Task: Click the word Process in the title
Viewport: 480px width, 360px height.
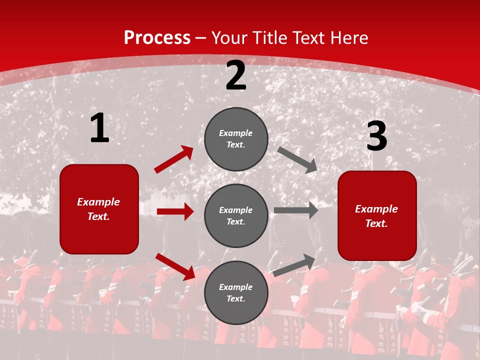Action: tap(157, 37)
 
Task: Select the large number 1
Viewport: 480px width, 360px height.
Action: tap(99, 128)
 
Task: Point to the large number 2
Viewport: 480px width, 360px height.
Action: tap(236, 76)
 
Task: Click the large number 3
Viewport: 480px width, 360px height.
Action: tap(376, 136)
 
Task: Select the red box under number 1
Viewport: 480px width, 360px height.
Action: tap(99, 209)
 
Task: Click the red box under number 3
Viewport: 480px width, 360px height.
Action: tap(377, 216)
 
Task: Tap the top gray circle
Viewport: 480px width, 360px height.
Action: tap(236, 139)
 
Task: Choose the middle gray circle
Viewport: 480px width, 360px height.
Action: tap(236, 215)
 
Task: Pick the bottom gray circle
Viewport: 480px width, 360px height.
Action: tap(236, 293)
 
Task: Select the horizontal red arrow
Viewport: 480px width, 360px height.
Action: tap(175, 211)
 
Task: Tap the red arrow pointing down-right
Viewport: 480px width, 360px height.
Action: tap(175, 266)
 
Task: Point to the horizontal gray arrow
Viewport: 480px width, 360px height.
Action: tap(296, 210)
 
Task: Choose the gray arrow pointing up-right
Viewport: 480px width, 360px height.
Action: tap(294, 265)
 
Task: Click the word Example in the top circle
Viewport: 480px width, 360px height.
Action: tap(236, 133)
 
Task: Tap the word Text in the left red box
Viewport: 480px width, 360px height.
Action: tap(98, 216)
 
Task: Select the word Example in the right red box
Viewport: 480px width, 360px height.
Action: tap(376, 209)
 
